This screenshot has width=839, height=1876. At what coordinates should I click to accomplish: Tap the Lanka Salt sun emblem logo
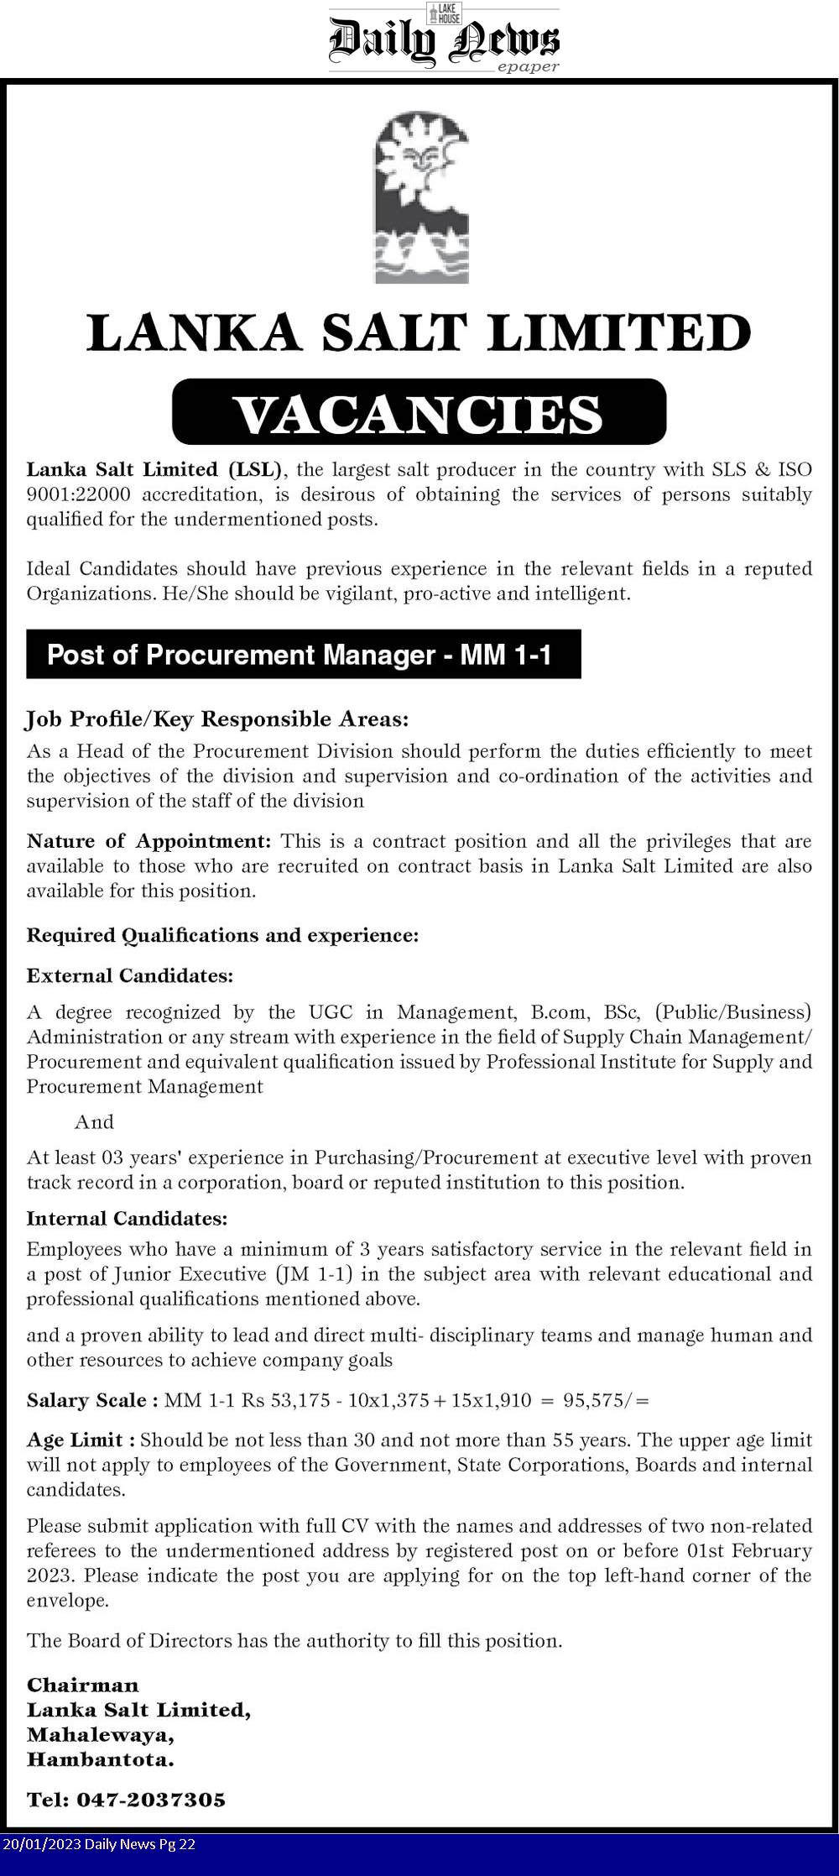pyautogui.click(x=421, y=197)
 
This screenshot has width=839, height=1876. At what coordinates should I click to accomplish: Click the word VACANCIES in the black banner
pyautogui.click(x=418, y=414)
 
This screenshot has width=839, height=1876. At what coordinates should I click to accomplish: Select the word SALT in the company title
pyautogui.click(x=393, y=333)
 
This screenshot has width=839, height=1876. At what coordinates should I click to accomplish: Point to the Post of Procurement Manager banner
pyautogui.click(x=302, y=655)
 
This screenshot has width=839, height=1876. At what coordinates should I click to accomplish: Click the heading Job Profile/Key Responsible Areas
pyautogui.click(x=217, y=719)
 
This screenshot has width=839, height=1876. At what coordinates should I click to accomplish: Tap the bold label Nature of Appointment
pyautogui.click(x=149, y=841)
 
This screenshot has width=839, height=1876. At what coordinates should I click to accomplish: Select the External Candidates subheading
pyautogui.click(x=129, y=975)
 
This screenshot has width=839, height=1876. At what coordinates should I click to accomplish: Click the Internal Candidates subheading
pyautogui.click(x=127, y=1218)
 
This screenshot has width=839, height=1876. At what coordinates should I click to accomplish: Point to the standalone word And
pyautogui.click(x=94, y=1122)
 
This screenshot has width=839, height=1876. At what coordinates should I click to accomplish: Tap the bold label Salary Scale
pyautogui.click(x=91, y=1400)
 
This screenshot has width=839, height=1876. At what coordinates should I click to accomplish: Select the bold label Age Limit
pyautogui.click(x=80, y=1440)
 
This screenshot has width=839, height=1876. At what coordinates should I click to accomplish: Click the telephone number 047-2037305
pyautogui.click(x=151, y=1800)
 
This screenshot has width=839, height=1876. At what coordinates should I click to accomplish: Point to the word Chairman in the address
pyautogui.click(x=82, y=1685)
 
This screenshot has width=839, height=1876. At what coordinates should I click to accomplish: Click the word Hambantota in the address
pyautogui.click(x=100, y=1759)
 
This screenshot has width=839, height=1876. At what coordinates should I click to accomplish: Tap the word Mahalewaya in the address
pyautogui.click(x=100, y=1734)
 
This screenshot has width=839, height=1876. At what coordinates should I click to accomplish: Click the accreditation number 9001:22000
pyautogui.click(x=78, y=494)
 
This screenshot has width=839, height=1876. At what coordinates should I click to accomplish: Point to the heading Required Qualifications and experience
pyautogui.click(x=222, y=935)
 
